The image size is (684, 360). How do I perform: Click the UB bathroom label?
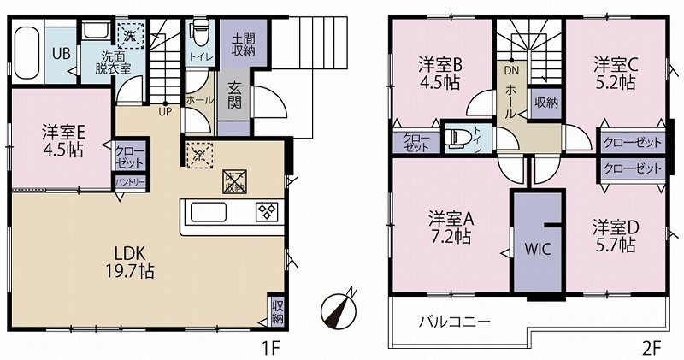click(x=62, y=51)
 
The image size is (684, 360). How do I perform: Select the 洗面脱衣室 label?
click(x=112, y=62)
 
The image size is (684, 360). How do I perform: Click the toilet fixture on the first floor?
click(x=200, y=33)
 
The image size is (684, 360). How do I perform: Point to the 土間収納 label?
click(x=243, y=44)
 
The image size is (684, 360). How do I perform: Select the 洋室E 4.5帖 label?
click(x=62, y=141)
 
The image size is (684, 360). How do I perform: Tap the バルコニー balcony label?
click(x=453, y=322)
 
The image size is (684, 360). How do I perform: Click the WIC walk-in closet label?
click(x=537, y=250)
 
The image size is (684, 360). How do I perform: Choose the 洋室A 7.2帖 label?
click(x=451, y=227)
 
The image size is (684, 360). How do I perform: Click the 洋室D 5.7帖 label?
click(x=614, y=236)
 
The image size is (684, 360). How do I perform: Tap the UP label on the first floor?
click(x=162, y=109)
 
